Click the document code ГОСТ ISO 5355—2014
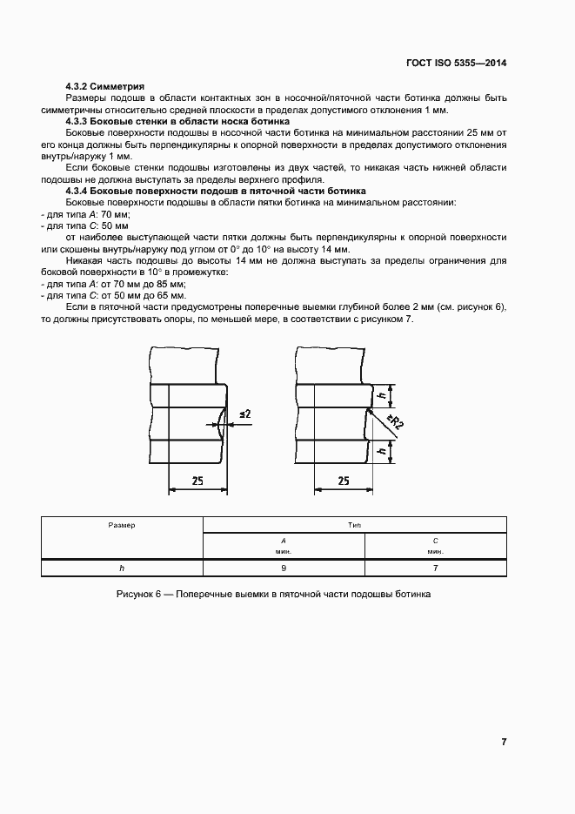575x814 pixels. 456,64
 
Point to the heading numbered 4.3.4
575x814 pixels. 216,190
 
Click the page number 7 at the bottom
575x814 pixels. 504,742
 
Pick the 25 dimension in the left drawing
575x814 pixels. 198,480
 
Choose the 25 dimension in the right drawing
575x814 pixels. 343,480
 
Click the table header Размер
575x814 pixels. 122,525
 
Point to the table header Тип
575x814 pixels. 354,525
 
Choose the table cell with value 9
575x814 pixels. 284,568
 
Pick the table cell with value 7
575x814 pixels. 435,568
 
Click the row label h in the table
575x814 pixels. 122,568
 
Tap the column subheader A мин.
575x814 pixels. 284,545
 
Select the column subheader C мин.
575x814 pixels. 435,545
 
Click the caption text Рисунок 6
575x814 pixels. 273,594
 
